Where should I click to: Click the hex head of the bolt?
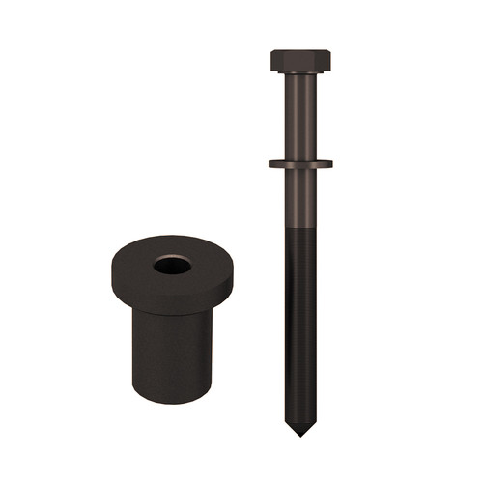(x=300, y=61)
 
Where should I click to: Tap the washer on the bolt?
(x=300, y=163)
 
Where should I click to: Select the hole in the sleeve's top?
(x=172, y=264)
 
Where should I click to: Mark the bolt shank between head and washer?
(x=300, y=116)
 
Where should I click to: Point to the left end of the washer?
(x=271, y=163)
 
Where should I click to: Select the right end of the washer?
(x=330, y=163)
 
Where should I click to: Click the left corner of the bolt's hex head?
(x=272, y=61)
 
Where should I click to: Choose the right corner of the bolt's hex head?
(x=329, y=61)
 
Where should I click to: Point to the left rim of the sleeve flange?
(x=112, y=275)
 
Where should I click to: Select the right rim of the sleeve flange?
(x=233, y=275)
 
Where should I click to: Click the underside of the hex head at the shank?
(x=300, y=74)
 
